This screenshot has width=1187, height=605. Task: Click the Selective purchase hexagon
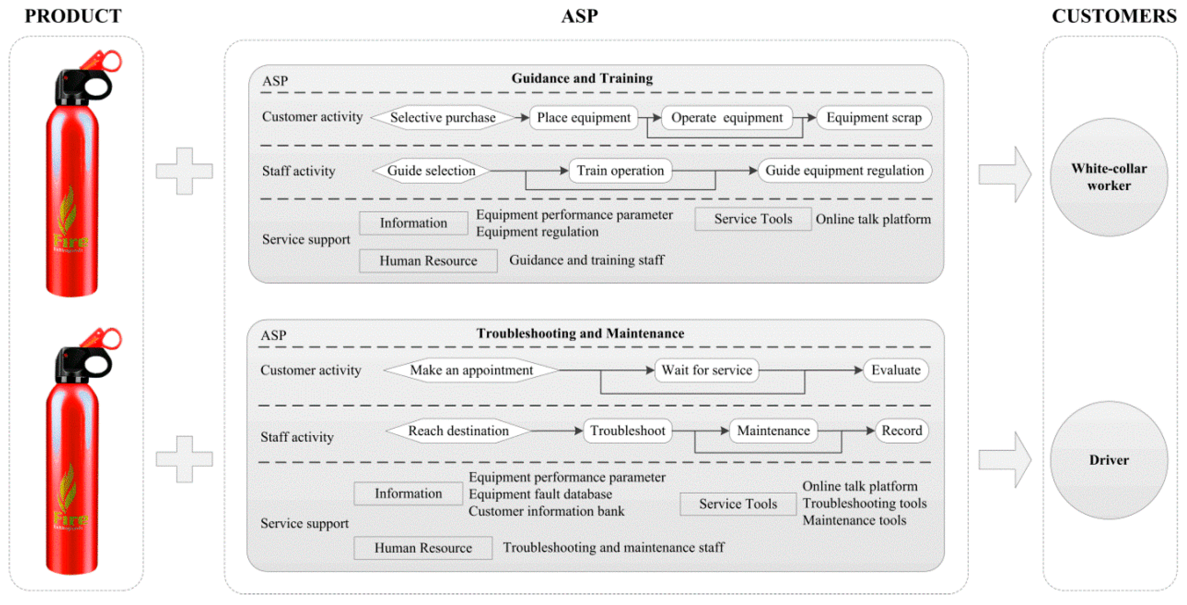(442, 118)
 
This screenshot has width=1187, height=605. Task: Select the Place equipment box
(583, 118)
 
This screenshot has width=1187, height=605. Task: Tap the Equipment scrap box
(874, 118)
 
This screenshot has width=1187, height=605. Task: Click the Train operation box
(620, 171)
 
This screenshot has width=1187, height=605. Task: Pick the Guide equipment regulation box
(844, 171)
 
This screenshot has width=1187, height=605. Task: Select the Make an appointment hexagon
(471, 370)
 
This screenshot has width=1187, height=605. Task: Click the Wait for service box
(706, 370)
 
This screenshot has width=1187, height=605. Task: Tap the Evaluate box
(895, 370)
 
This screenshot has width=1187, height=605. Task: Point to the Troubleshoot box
(627, 431)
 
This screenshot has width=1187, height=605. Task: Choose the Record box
(901, 431)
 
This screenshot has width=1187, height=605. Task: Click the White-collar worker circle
(1109, 177)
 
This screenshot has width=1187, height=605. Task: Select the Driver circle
(1109, 460)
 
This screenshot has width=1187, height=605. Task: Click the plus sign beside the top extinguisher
(184, 171)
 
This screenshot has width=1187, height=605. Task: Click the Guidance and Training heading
(582, 79)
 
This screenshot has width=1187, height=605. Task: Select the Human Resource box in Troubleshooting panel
(423, 548)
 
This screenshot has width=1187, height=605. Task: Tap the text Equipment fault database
(540, 494)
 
